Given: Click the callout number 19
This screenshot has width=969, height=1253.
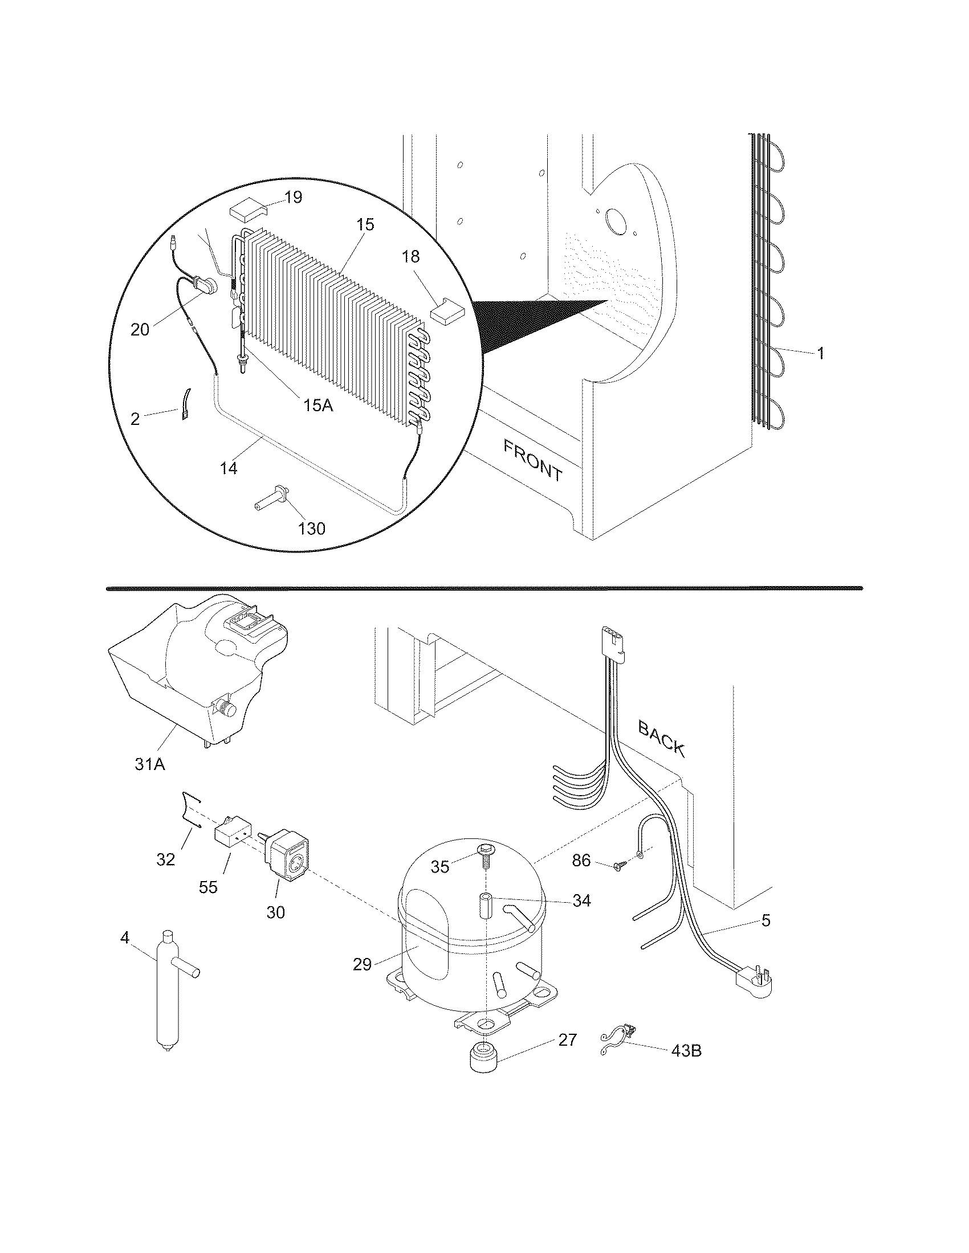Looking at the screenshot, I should click(293, 198).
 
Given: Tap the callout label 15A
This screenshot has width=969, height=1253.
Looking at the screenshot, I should click(318, 405).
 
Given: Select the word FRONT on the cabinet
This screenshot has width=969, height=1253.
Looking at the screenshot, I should click(534, 460).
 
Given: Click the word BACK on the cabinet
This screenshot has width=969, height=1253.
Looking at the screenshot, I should click(662, 739).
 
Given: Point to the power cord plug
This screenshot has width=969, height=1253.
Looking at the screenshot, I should click(755, 982).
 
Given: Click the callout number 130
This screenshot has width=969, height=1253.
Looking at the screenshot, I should click(312, 528).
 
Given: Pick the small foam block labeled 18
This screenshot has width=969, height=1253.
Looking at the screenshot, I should click(448, 310).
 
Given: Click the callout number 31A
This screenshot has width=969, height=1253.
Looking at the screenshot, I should click(150, 764).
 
